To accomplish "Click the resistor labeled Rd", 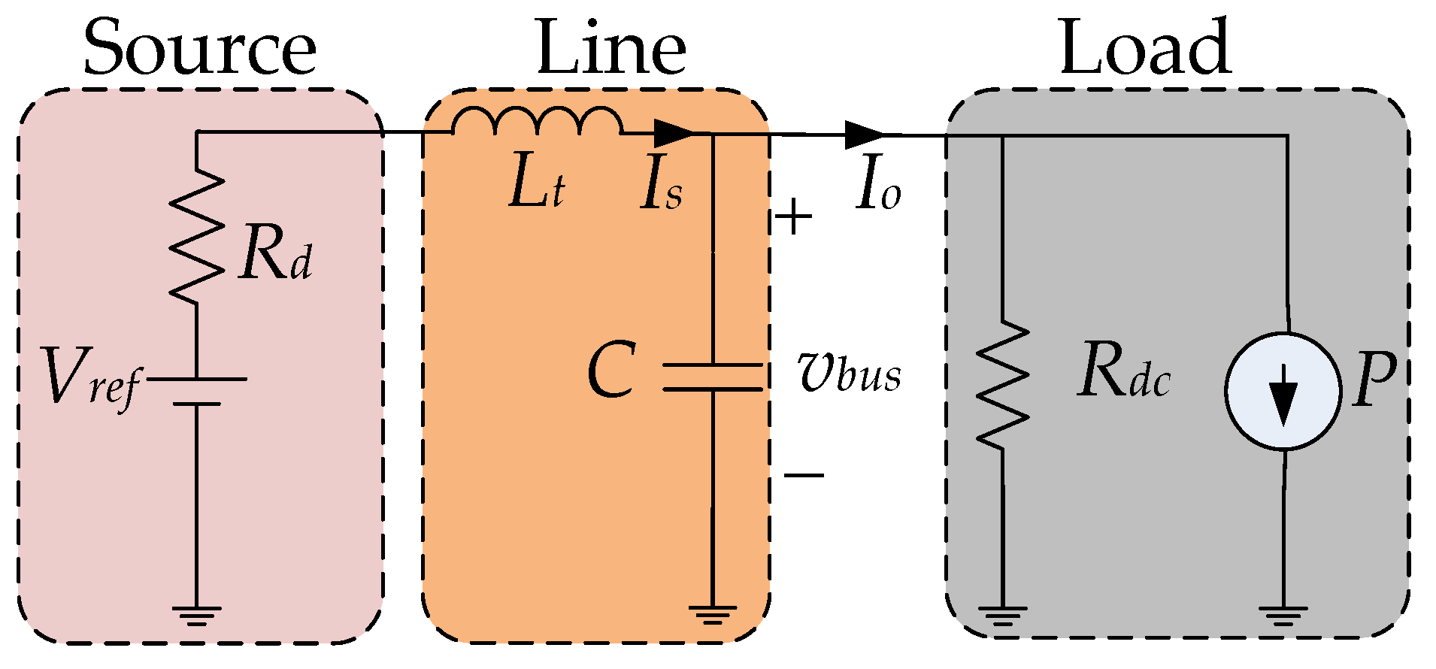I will tap(197, 237).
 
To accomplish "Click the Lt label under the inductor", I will tap(536, 186).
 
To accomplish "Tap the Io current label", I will tap(878, 186).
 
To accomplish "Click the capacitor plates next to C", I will tap(713, 377).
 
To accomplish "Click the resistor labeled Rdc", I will tap(1002, 385).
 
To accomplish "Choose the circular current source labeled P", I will tap(1283, 391).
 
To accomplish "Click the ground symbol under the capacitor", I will tap(713, 615).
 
